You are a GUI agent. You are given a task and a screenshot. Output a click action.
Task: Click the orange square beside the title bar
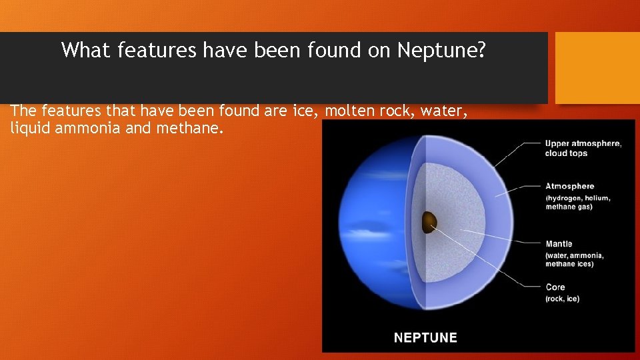point(597,68)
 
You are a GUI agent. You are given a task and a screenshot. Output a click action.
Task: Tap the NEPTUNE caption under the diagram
point(425,337)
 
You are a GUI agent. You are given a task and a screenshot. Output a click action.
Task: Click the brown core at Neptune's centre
point(429,221)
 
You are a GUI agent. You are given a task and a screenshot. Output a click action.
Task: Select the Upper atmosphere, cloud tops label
point(583,148)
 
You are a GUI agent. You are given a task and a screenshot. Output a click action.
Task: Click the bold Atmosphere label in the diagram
point(569,186)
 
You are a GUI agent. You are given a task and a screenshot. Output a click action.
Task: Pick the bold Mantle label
point(559,244)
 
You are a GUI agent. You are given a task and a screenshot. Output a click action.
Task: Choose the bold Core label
point(555,287)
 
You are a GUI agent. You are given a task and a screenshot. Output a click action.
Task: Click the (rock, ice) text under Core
point(562,299)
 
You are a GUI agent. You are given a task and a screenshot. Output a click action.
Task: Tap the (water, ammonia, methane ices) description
point(574,260)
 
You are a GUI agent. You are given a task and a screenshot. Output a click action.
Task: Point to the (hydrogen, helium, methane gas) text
point(577,202)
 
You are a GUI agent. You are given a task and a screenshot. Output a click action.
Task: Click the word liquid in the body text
point(31,128)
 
